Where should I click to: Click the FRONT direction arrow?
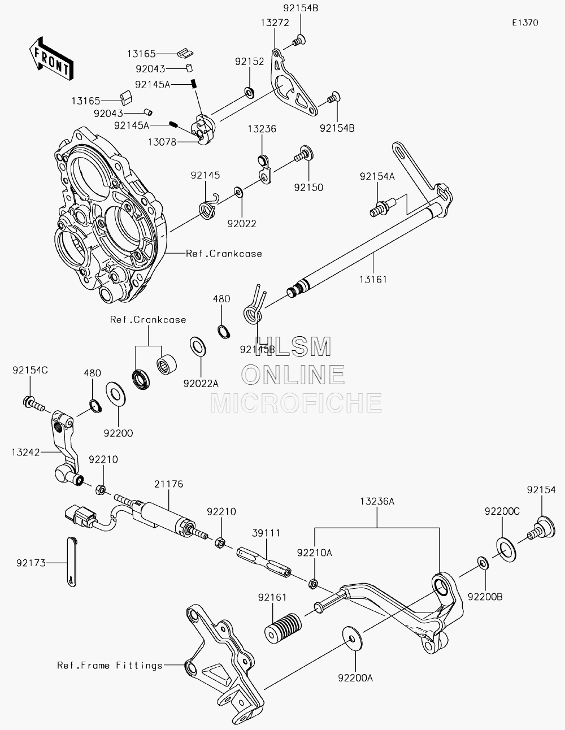click(x=51, y=58)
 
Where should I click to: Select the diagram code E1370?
click(x=525, y=23)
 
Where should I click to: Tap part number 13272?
click(x=275, y=23)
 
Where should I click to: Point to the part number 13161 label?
click(x=373, y=279)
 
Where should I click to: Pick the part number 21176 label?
click(x=168, y=484)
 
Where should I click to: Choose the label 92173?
click(x=31, y=563)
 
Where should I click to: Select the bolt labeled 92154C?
click(x=34, y=403)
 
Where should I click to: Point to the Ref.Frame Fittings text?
click(x=110, y=665)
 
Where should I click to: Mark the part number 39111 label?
click(x=266, y=533)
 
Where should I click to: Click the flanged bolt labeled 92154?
click(x=541, y=528)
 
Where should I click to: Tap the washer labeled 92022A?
click(x=198, y=346)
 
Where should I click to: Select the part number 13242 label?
click(x=25, y=452)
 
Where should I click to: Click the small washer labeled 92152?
click(x=249, y=92)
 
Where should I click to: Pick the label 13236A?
click(x=377, y=502)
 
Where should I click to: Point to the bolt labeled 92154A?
click(x=383, y=207)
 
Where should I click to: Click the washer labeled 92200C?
click(x=506, y=550)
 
